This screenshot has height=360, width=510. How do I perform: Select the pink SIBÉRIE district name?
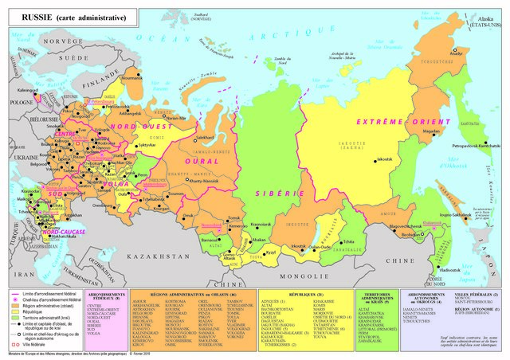click(x=269, y=194)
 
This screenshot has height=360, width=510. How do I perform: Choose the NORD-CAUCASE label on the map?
click(x=65, y=232)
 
